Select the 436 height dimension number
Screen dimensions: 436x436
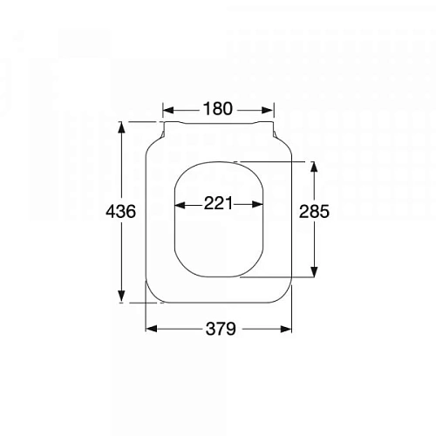tap(120, 212)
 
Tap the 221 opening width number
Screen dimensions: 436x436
tap(219, 204)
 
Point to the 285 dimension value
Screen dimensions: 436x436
tap(314, 212)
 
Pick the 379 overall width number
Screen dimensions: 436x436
tap(219, 329)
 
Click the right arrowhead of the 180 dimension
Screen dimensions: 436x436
tap(272, 110)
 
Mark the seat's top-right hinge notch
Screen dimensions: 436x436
tap(275, 134)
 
